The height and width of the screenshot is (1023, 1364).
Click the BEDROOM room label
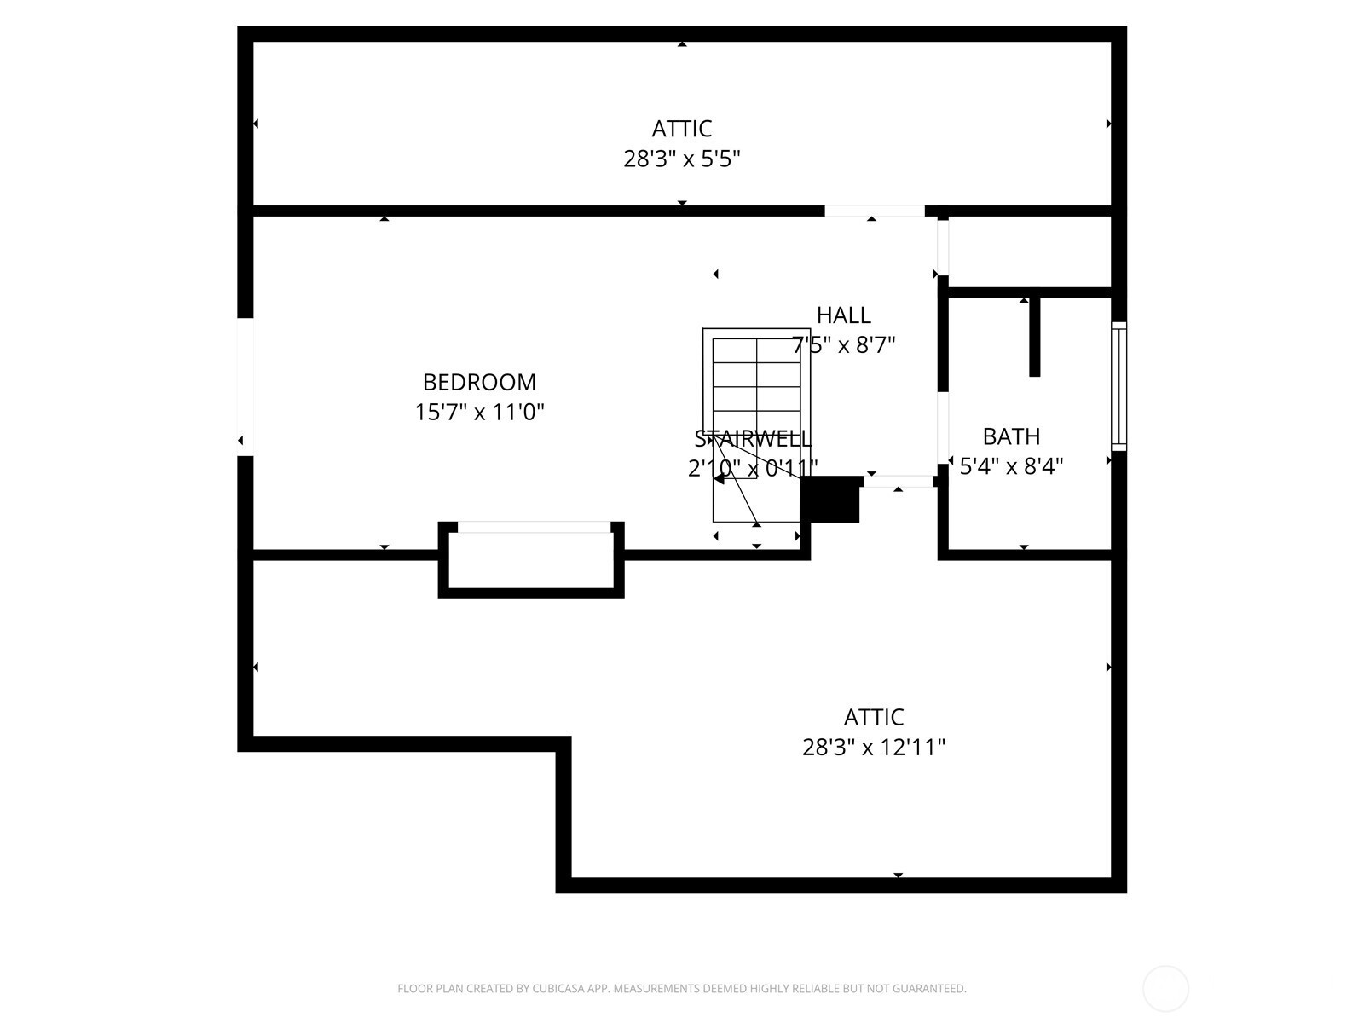[x=479, y=383]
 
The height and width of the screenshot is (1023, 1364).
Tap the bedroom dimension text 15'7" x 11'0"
[x=479, y=412]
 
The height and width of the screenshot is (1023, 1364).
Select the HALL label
[x=843, y=315]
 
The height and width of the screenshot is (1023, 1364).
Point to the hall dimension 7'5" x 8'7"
[x=843, y=344]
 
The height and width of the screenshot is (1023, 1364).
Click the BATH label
[x=1011, y=436]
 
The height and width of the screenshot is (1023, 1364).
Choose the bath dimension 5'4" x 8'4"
[x=1011, y=465]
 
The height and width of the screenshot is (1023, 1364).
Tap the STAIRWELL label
[x=753, y=439]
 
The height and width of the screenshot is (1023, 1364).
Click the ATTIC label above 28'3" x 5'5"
[x=682, y=130]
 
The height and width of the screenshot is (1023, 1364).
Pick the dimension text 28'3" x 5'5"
[x=682, y=159]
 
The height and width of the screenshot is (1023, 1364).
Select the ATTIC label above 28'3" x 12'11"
[x=873, y=718]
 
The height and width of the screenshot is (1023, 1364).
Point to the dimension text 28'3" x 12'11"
[x=873, y=748]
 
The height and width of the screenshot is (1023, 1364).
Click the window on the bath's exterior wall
[x=1118, y=386]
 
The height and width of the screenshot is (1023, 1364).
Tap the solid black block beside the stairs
[x=830, y=499]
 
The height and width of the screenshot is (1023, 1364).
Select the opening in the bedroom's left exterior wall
[x=245, y=387]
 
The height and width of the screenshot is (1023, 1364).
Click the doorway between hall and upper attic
[x=875, y=211]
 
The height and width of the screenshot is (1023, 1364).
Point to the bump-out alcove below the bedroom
[x=531, y=559]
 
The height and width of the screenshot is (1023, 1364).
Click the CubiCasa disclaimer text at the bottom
[x=682, y=988]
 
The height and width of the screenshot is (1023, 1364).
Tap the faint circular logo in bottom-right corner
[x=1165, y=988]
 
